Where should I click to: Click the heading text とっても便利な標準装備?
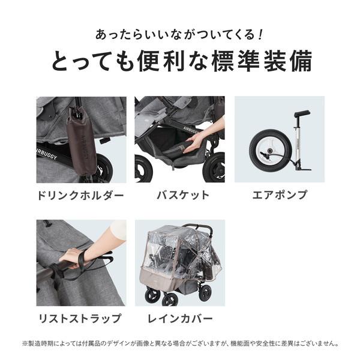click(180, 62)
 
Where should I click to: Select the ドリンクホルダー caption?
click(81, 196)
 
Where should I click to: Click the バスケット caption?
click(180, 196)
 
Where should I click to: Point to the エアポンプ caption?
click(278, 196)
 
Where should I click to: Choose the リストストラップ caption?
click(81, 319)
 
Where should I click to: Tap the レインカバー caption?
click(180, 319)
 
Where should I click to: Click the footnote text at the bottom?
click(180, 344)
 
